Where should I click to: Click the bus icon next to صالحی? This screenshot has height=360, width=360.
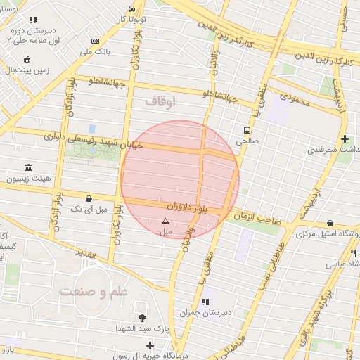click(x=247, y=130)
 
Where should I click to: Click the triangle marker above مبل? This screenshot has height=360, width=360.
click(x=165, y=221)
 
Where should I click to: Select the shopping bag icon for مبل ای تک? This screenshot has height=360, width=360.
click(x=88, y=199)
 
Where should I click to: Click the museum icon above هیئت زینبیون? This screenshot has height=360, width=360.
click(x=28, y=167)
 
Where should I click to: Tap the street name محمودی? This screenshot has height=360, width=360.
click(x=294, y=100)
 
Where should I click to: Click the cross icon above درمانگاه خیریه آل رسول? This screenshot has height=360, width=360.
click(x=150, y=345)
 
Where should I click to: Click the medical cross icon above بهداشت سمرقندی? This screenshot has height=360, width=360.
click(x=344, y=139)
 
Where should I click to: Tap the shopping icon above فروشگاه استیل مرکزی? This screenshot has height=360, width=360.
click(x=330, y=223)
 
